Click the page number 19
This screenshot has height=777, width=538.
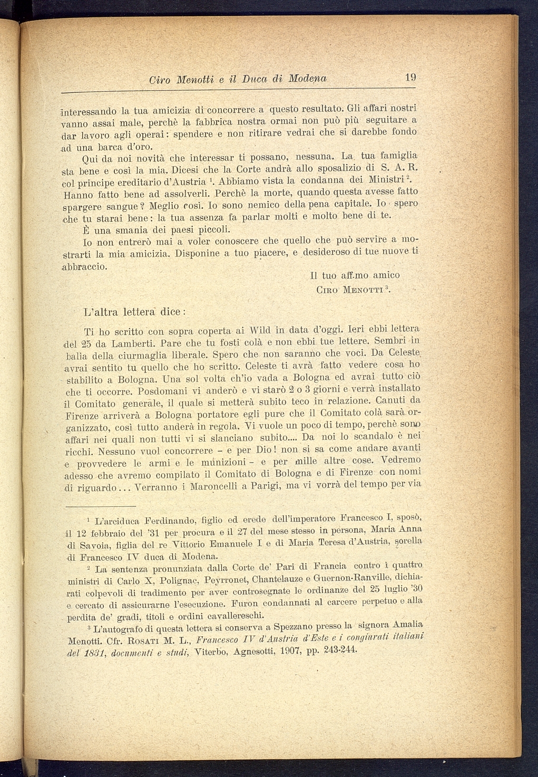[x=411, y=78]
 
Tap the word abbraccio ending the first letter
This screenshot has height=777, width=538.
[x=85, y=266]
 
